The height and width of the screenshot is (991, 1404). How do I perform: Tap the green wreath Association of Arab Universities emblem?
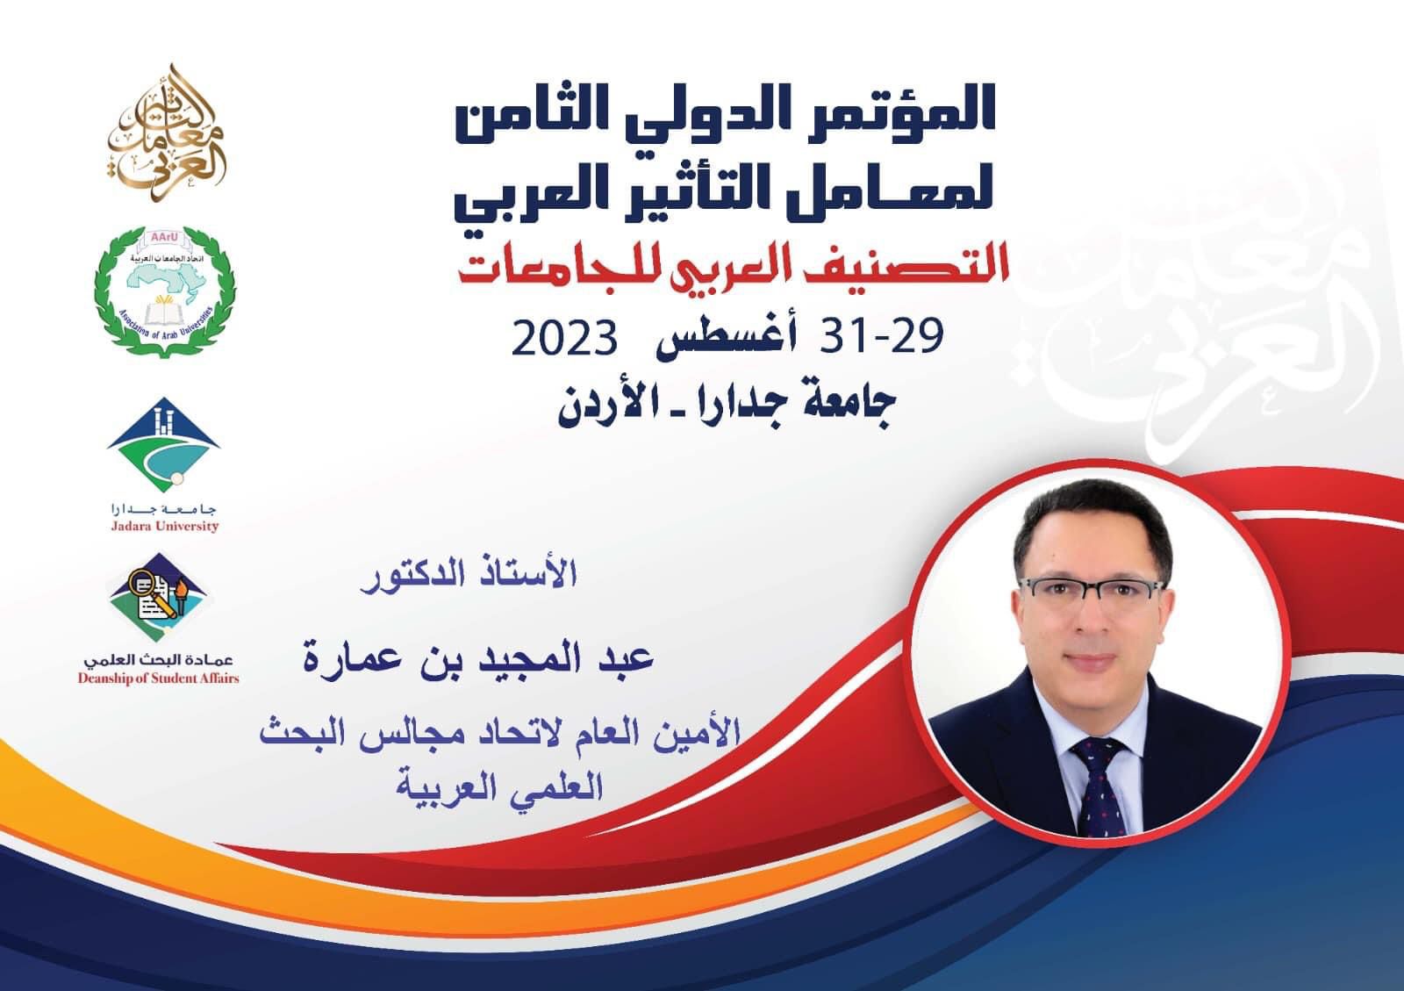[165, 292]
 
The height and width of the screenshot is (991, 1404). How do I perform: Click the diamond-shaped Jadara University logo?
[163, 444]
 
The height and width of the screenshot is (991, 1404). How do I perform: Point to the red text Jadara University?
[165, 526]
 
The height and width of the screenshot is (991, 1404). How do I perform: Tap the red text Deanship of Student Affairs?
[159, 679]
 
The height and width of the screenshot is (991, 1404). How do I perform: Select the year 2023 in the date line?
[564, 339]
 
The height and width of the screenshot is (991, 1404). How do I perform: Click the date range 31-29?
[881, 336]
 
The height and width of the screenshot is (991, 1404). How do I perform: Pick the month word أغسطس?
[727, 339]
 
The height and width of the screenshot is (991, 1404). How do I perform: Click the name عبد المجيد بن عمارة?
[478, 657]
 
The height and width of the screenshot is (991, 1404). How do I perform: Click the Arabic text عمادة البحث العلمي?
[159, 659]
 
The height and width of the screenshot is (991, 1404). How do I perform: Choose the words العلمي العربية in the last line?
[499, 786]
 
